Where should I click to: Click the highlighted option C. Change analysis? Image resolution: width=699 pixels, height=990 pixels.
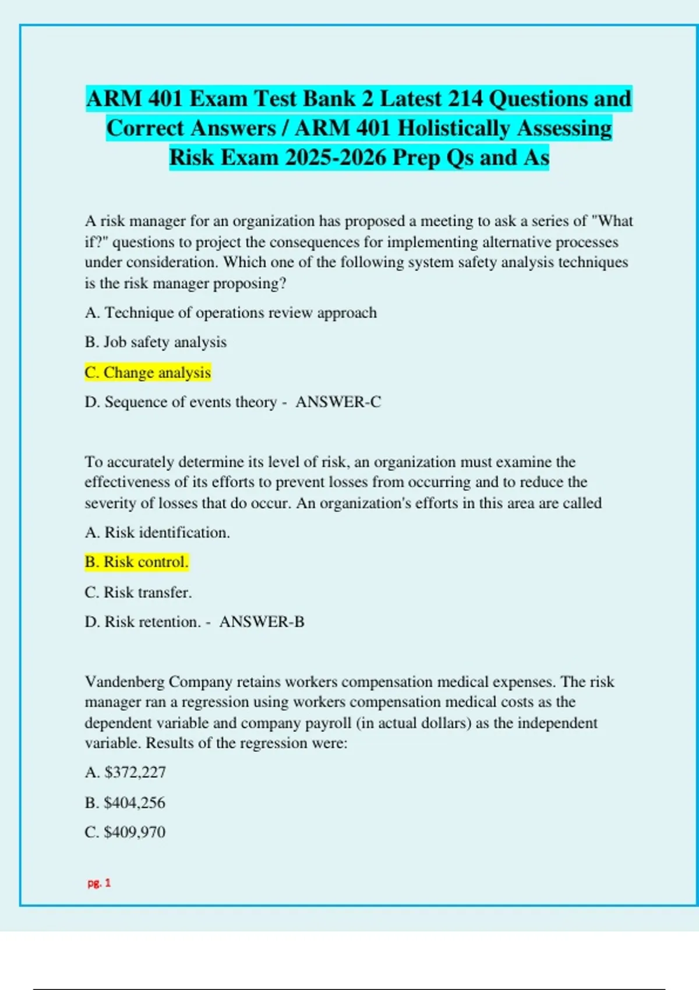point(147,372)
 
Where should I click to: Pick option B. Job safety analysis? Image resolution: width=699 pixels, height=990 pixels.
point(156,342)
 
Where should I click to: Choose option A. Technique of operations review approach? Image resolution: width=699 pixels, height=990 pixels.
point(231,313)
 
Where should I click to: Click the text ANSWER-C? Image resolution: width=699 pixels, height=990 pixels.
point(338,402)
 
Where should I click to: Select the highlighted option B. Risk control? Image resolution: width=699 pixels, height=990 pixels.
point(136,562)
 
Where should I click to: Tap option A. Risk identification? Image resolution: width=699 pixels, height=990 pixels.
point(157,532)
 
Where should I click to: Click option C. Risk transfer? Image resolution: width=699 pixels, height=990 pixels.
point(138,592)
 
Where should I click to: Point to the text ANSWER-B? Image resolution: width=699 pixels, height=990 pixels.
point(262,622)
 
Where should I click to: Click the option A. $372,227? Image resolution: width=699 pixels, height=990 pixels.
point(125,772)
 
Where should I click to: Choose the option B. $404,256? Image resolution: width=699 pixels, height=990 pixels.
point(125,802)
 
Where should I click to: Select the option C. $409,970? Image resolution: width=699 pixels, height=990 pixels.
point(125,832)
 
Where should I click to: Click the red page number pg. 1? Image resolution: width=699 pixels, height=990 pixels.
point(99,883)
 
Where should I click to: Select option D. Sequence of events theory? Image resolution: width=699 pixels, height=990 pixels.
point(181,402)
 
